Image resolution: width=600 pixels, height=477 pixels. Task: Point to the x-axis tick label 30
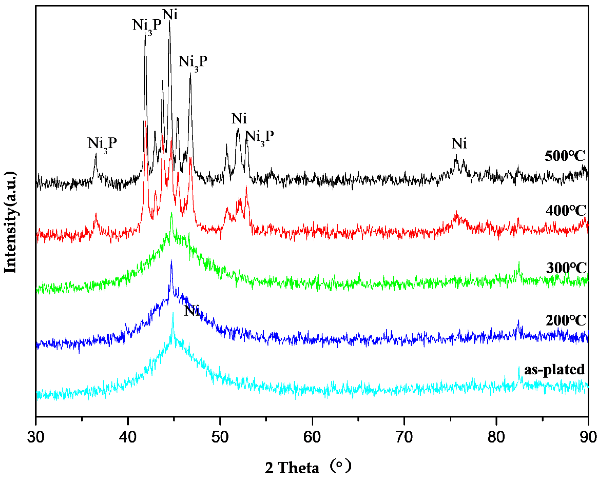(36, 437)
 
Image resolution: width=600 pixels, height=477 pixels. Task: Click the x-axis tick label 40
(128, 437)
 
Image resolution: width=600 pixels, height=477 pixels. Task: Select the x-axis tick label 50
(220, 437)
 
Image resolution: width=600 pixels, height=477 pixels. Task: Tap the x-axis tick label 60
(312, 437)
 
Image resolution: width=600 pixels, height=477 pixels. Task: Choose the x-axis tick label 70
(404, 437)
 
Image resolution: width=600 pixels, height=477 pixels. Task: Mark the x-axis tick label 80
(496, 437)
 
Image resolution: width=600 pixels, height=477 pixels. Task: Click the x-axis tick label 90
(588, 437)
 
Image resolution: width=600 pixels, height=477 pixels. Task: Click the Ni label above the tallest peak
(170, 14)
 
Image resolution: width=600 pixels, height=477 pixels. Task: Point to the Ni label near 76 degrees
(459, 143)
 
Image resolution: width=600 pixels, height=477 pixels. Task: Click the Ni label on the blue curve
(192, 311)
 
